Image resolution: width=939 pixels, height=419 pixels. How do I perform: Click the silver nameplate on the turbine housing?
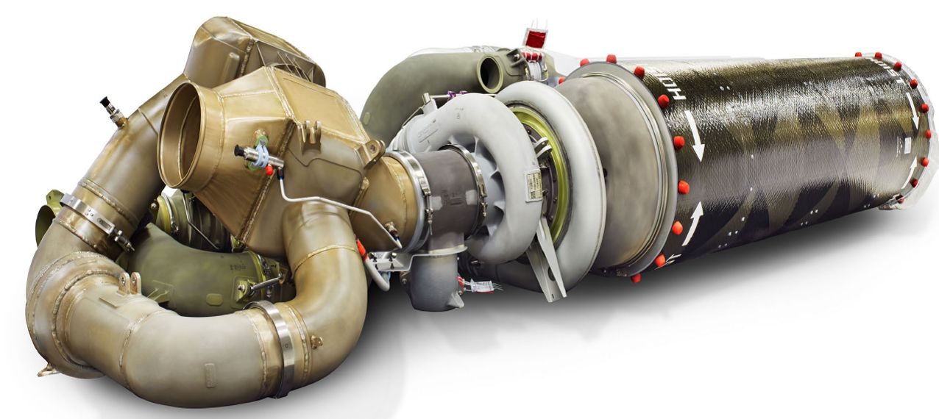coord(531,181)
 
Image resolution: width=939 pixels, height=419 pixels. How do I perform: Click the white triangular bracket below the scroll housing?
coord(548,261)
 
